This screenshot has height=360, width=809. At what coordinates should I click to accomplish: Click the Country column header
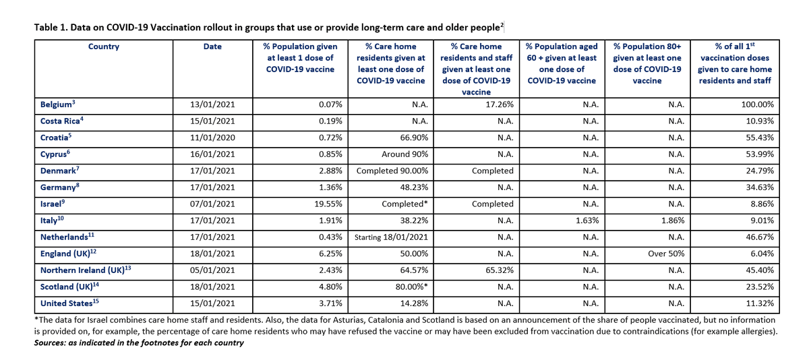(103, 47)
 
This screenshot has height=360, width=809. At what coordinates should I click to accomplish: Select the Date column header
(212, 47)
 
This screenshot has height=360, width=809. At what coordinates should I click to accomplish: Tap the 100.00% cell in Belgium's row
(756, 106)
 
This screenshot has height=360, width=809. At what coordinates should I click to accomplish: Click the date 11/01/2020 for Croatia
(212, 138)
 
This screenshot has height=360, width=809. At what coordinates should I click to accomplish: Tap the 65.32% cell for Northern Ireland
(498, 269)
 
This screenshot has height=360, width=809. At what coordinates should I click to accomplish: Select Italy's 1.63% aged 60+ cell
(584, 220)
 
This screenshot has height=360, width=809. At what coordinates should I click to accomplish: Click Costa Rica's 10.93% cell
(758, 122)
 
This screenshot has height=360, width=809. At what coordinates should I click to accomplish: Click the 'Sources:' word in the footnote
(52, 342)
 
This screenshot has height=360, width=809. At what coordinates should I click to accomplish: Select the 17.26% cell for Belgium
(498, 106)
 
